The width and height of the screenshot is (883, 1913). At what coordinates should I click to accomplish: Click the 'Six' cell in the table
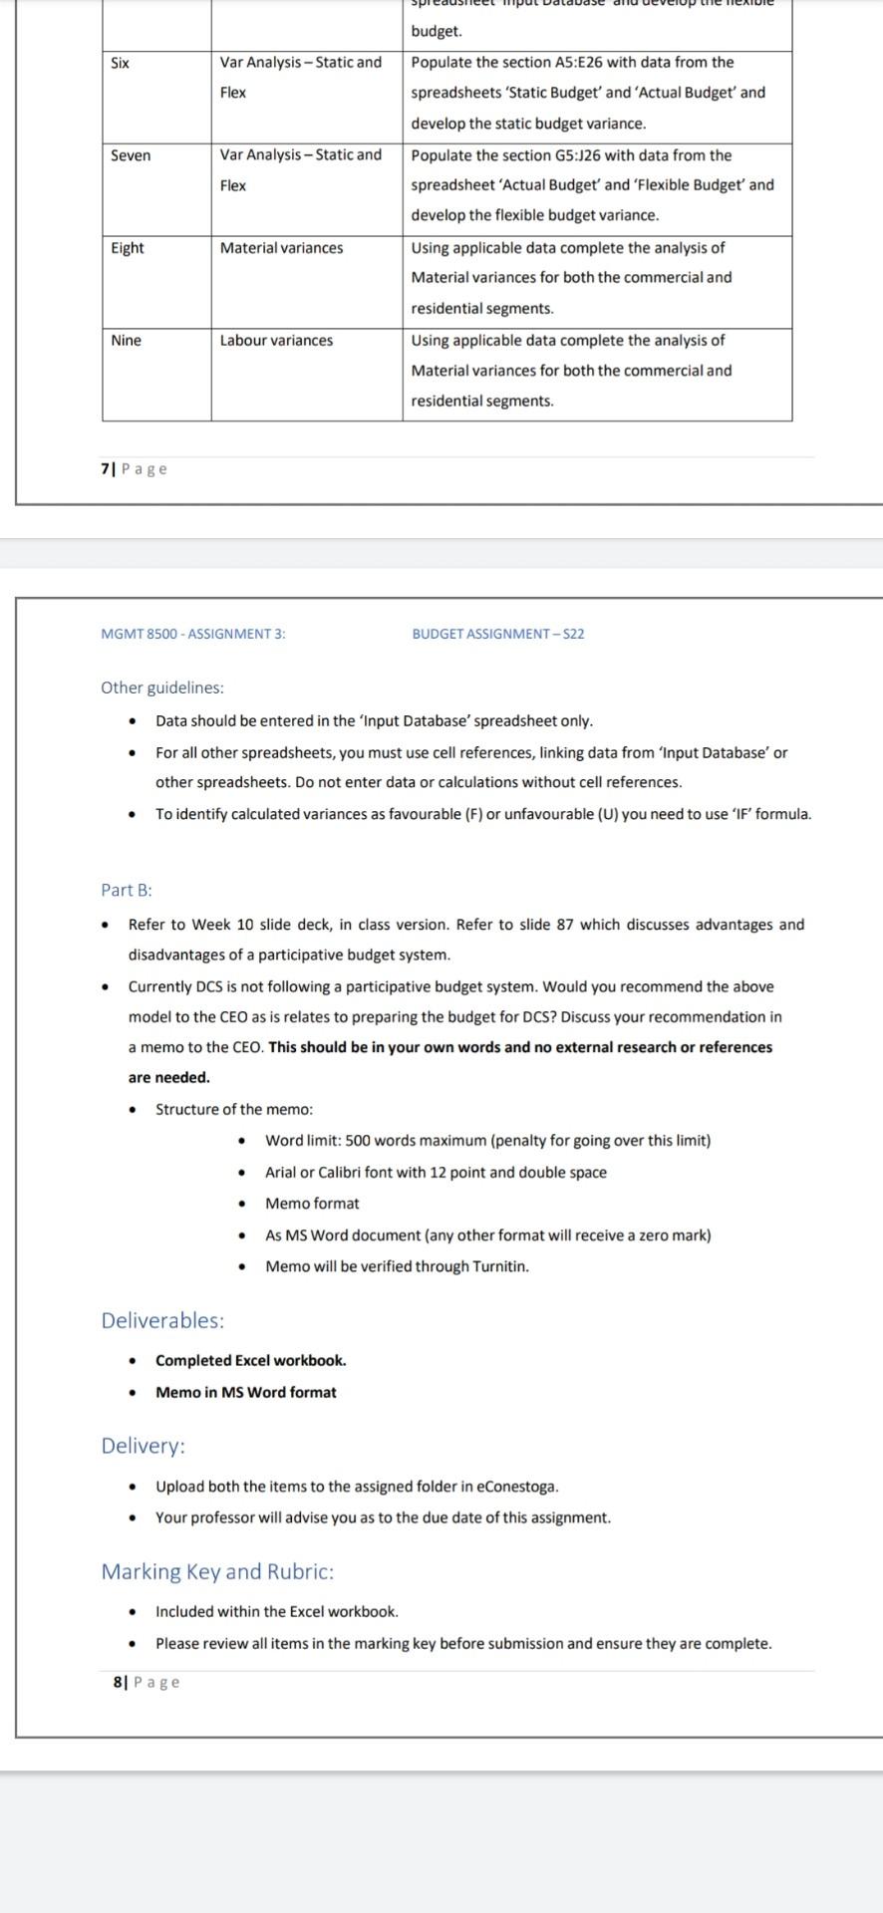point(120,63)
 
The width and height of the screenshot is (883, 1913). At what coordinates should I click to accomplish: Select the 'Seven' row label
point(131,155)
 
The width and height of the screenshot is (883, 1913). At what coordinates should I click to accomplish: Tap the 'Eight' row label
point(128,248)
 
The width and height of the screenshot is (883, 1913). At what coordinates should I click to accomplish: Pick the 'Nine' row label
point(127,341)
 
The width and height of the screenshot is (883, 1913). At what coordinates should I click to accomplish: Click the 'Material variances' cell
point(281,248)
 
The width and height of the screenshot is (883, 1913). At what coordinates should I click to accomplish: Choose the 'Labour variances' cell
point(276,341)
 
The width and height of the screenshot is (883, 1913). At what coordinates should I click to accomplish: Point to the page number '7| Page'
point(135,469)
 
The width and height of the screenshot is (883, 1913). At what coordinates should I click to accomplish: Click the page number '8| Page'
point(147,1682)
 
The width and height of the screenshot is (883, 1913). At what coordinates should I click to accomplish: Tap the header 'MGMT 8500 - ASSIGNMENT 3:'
point(193,634)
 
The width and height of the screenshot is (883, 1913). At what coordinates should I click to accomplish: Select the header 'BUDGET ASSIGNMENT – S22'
point(498,634)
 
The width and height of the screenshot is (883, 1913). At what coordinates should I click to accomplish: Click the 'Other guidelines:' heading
point(162,687)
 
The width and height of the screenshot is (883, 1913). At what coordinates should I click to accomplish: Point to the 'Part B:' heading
point(127,890)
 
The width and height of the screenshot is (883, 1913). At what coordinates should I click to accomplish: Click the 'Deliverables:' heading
point(162,1320)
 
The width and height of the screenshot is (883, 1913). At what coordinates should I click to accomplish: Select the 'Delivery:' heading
point(143,1446)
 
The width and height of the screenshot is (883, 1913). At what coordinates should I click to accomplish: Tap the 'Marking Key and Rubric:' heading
point(217,1571)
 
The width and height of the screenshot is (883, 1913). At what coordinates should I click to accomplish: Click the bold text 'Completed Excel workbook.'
point(251,1361)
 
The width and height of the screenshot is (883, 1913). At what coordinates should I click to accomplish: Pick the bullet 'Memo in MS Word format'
point(246,1393)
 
